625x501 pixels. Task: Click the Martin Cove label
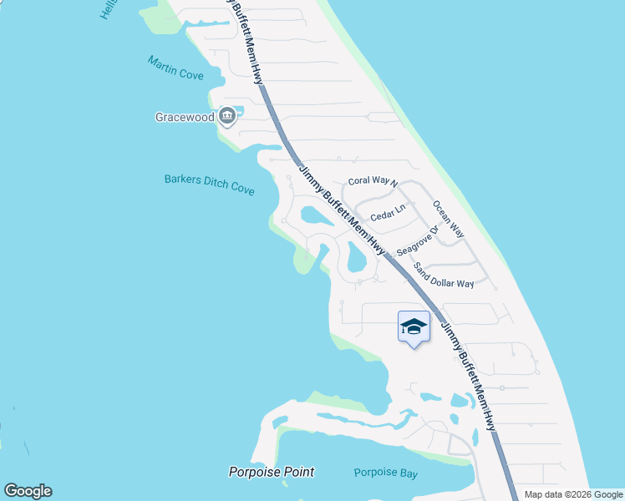click(175, 68)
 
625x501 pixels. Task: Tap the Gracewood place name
click(185, 117)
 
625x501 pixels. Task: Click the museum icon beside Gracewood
click(227, 117)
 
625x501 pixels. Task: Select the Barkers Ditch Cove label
click(209, 184)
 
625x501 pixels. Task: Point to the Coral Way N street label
click(373, 181)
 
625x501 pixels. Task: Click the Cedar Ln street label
click(388, 213)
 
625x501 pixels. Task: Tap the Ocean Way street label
click(449, 218)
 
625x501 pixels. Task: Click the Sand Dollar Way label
click(444, 277)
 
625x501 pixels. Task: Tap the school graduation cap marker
click(414, 326)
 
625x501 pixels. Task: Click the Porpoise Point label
click(272, 472)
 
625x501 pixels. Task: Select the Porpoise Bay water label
click(385, 473)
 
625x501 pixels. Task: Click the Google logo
click(28, 491)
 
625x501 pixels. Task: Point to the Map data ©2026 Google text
click(573, 494)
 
